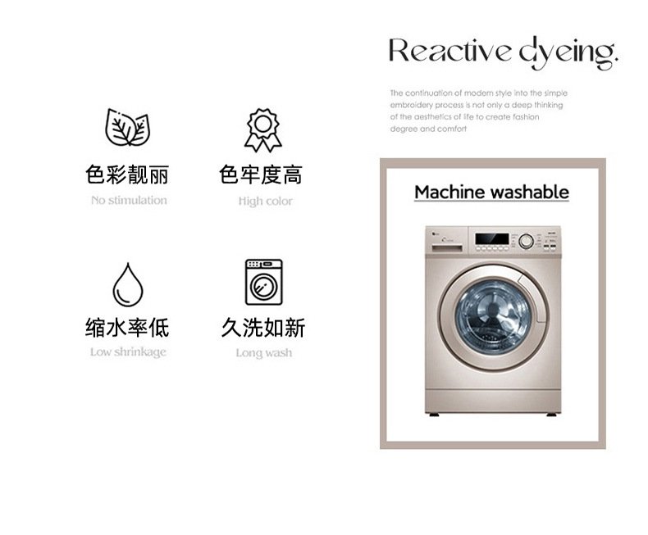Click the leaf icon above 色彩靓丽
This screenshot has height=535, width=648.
128,127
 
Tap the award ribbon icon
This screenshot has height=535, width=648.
262,130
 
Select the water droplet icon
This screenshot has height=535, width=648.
128,284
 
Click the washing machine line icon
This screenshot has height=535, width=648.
263,282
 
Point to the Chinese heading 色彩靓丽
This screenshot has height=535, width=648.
127,175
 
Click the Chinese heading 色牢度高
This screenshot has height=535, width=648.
261,175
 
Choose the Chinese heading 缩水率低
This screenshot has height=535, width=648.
127,328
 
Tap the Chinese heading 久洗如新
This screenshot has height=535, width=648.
263,328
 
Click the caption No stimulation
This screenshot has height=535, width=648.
129,200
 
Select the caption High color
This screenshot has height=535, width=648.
265,201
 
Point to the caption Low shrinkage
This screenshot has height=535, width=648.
128,352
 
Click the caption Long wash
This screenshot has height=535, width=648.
264,353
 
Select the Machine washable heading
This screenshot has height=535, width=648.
492,193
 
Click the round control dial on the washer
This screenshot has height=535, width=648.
526,241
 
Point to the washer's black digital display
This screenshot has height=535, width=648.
492,238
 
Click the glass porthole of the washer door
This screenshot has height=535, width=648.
493,317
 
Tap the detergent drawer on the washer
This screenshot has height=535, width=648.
447,248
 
